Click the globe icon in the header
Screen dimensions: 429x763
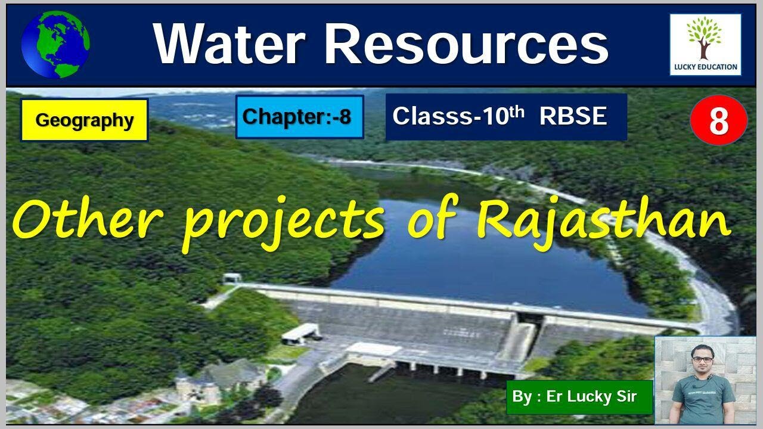[55, 44]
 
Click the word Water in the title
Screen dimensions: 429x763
[229, 45]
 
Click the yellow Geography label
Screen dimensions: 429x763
[84, 120]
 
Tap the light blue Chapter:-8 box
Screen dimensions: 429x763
[299, 117]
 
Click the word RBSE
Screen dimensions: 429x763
[573, 116]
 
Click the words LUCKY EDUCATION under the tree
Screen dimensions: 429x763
[705, 67]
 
